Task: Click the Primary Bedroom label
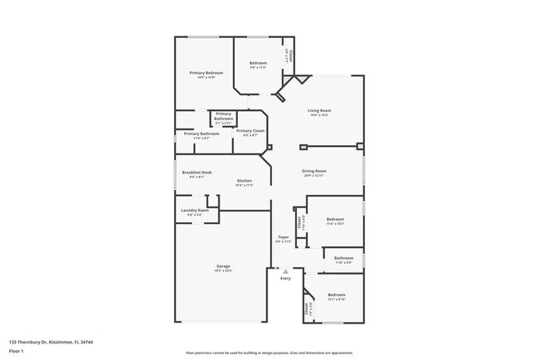tap(206, 73)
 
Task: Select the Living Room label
tap(319, 110)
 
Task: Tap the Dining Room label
tap(313, 171)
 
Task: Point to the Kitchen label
tap(244, 181)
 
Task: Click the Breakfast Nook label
tap(201, 172)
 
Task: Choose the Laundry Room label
tap(196, 210)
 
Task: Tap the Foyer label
tap(283, 237)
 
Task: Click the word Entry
tap(285, 279)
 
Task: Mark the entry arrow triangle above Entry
tap(285, 271)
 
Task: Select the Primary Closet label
tap(250, 130)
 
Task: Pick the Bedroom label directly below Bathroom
tap(336, 294)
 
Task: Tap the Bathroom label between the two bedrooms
tap(344, 258)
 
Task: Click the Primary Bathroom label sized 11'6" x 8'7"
tap(202, 134)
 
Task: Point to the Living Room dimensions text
tap(319, 115)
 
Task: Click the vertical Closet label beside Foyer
tap(299, 221)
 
